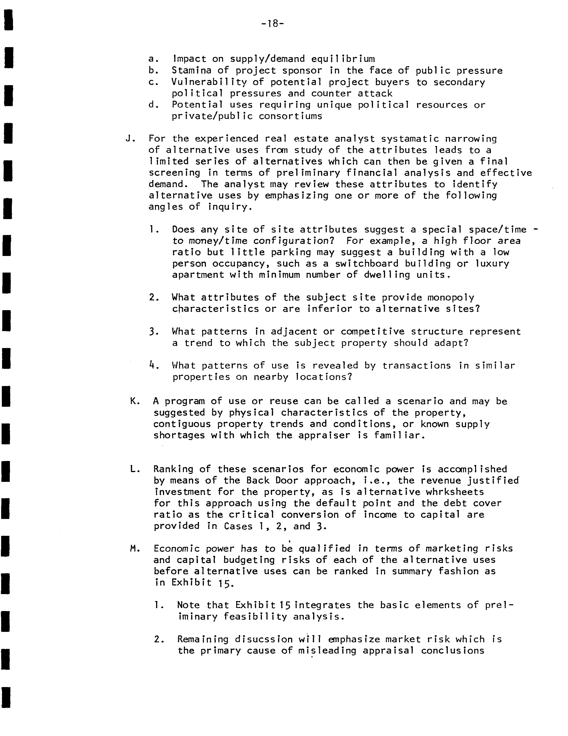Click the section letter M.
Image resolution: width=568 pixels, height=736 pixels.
pos(134,549)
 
